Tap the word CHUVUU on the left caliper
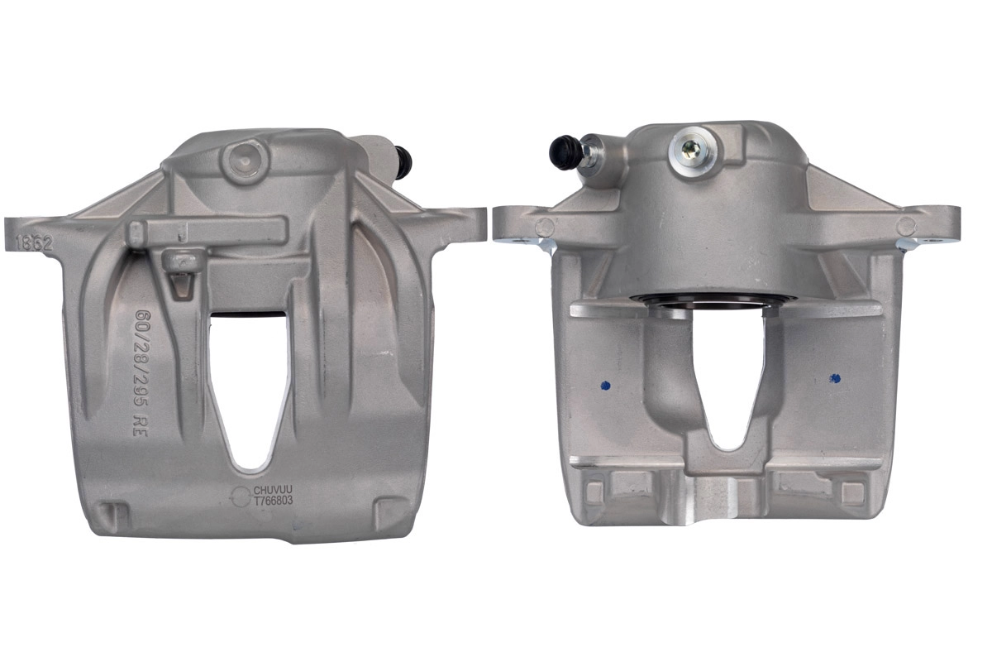[x=273, y=491]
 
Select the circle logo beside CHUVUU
[x=240, y=496]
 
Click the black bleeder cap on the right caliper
[x=565, y=152]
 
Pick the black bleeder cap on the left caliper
[x=403, y=160]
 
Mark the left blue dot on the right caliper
[x=604, y=385]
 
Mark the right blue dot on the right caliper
[x=834, y=377]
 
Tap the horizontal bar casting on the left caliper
[x=207, y=230]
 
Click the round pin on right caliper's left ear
[x=543, y=227]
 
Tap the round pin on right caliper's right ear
[x=906, y=224]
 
